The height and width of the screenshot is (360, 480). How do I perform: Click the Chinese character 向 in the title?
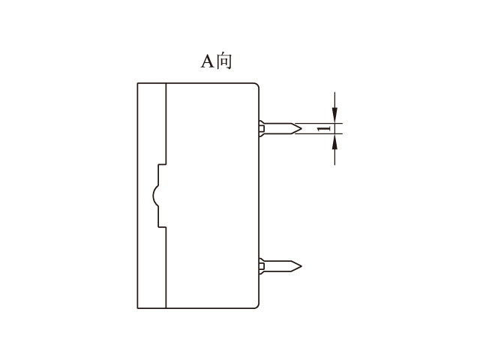click(x=224, y=61)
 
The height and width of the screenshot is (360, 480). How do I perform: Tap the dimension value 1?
click(x=323, y=129)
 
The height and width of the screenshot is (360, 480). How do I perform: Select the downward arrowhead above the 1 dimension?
click(x=335, y=117)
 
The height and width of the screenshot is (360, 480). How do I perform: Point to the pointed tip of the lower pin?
click(x=301, y=265)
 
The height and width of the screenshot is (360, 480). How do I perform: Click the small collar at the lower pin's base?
click(x=261, y=265)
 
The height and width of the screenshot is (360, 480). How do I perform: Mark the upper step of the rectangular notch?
click(x=160, y=164)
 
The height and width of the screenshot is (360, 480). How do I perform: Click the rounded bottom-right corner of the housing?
click(x=256, y=305)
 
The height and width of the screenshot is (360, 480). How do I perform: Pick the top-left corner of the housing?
click(x=138, y=82)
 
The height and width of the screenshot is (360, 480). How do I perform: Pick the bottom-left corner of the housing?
click(x=138, y=307)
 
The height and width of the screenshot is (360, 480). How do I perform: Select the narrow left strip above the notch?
click(x=151, y=124)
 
